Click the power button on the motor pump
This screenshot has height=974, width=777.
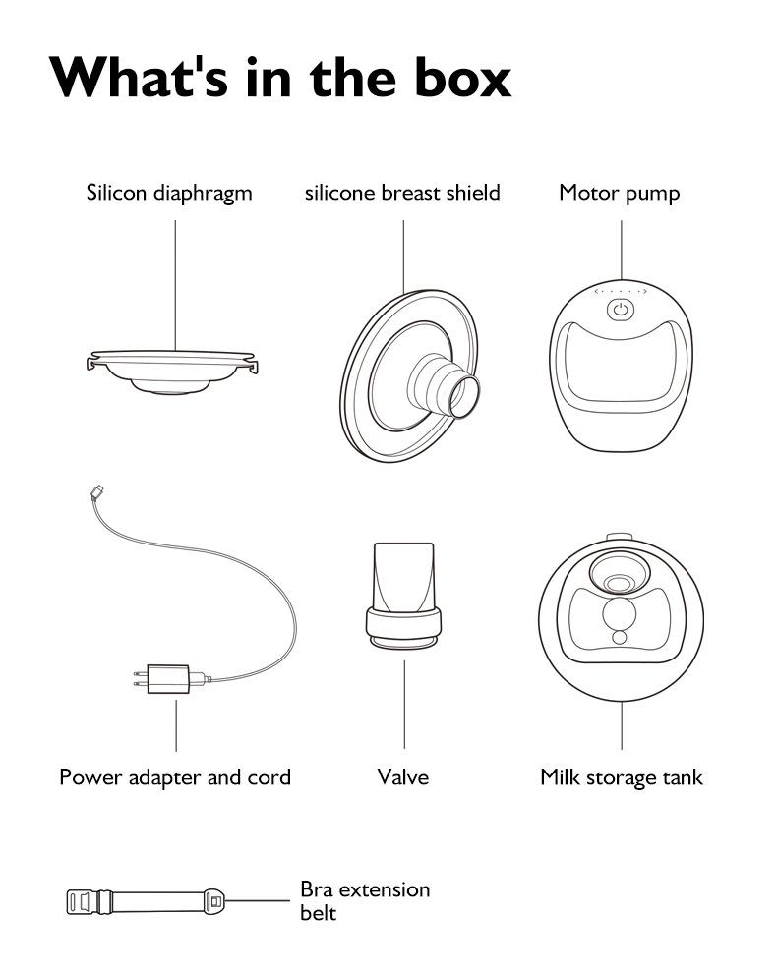pyautogui.click(x=620, y=311)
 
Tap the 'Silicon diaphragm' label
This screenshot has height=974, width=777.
pyautogui.click(x=169, y=193)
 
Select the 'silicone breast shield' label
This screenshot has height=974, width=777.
pyautogui.click(x=402, y=193)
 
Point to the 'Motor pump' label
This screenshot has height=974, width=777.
pyautogui.click(x=619, y=193)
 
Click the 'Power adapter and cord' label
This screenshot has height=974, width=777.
pyautogui.click(x=175, y=777)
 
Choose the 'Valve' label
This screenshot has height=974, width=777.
pyautogui.click(x=403, y=777)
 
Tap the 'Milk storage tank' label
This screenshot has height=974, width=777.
pyautogui.click(x=622, y=777)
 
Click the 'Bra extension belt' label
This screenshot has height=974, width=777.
pyautogui.click(x=364, y=900)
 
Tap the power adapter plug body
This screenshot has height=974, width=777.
pyautogui.click(x=168, y=679)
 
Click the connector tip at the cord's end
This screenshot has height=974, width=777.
pyautogui.click(x=92, y=492)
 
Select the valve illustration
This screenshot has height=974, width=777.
pyautogui.click(x=403, y=595)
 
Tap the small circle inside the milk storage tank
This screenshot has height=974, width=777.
pyautogui.click(x=619, y=637)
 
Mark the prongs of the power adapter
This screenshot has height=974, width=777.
pyautogui.click(x=138, y=679)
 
